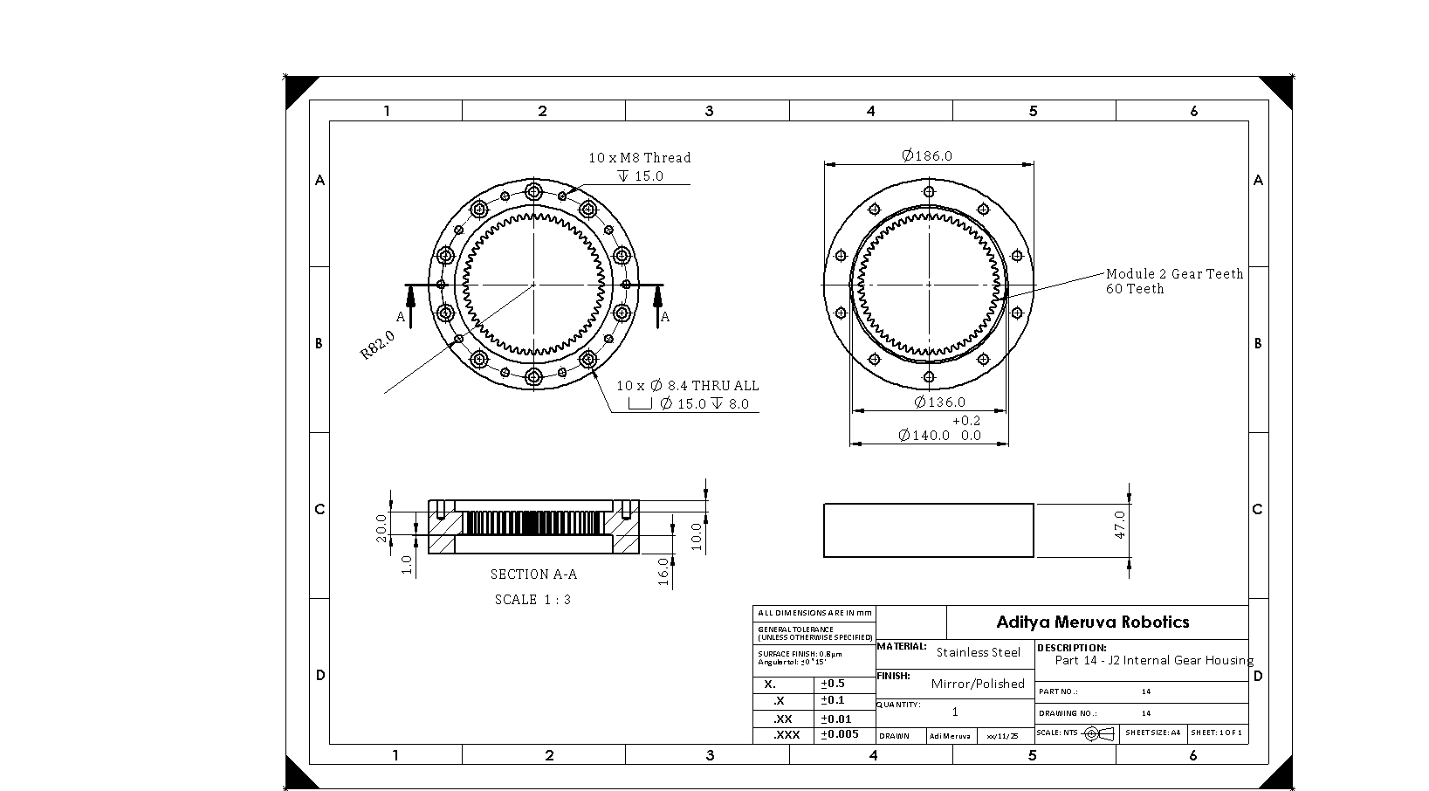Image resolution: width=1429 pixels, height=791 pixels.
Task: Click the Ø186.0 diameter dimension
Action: click(x=927, y=156)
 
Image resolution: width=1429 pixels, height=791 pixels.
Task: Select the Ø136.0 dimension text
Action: click(x=940, y=402)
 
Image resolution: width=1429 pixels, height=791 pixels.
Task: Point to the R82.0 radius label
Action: click(x=378, y=345)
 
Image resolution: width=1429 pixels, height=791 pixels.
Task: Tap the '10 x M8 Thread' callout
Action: click(x=639, y=158)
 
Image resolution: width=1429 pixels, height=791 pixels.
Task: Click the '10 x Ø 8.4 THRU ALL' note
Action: click(x=688, y=385)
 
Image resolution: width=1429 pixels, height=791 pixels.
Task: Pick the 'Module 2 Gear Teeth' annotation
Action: click(x=1174, y=274)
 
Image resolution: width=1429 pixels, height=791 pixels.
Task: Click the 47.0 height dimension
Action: click(x=1120, y=525)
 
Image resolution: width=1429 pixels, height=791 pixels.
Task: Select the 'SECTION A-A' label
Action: click(x=533, y=574)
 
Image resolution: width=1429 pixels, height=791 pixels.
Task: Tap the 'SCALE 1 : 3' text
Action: click(x=532, y=600)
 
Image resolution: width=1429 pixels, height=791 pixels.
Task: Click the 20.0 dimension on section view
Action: click(x=381, y=527)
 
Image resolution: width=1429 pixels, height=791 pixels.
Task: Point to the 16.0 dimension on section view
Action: click(x=663, y=572)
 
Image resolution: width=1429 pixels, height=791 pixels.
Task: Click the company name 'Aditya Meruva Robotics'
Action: click(x=1093, y=622)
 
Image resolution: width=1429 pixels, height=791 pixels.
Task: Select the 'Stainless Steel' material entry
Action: click(x=978, y=652)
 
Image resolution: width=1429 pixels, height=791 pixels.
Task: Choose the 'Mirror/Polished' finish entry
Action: click(x=978, y=684)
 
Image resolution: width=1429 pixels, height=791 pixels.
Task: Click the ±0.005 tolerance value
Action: click(x=840, y=734)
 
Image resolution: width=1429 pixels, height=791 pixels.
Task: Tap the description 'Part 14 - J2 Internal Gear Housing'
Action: click(x=1153, y=660)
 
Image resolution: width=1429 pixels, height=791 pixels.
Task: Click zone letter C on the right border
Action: click(x=1257, y=509)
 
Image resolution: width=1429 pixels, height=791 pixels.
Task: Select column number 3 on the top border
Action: click(x=709, y=111)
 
